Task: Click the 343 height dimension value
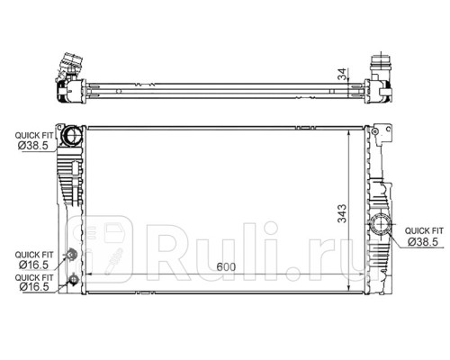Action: click(342, 213)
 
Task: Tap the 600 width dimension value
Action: click(226, 266)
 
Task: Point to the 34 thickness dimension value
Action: click(342, 74)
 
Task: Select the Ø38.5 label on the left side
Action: click(33, 146)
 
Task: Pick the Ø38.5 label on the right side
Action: click(423, 241)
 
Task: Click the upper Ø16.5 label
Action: click(33, 265)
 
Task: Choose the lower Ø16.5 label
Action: click(33, 287)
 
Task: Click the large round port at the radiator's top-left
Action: click(71, 135)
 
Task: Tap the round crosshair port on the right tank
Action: click(380, 224)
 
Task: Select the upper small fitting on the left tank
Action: click(71, 254)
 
